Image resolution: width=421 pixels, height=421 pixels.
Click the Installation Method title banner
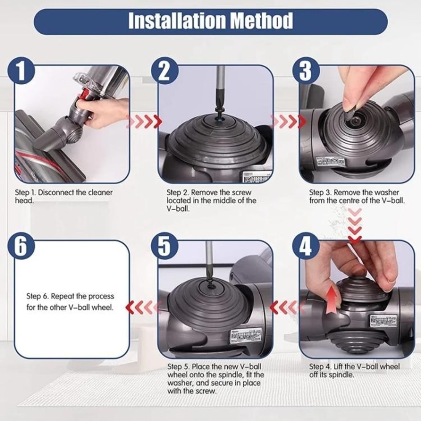(x=210, y=21)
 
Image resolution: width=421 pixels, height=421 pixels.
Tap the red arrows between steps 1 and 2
(x=144, y=122)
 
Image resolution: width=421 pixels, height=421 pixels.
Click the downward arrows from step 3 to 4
(x=355, y=225)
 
